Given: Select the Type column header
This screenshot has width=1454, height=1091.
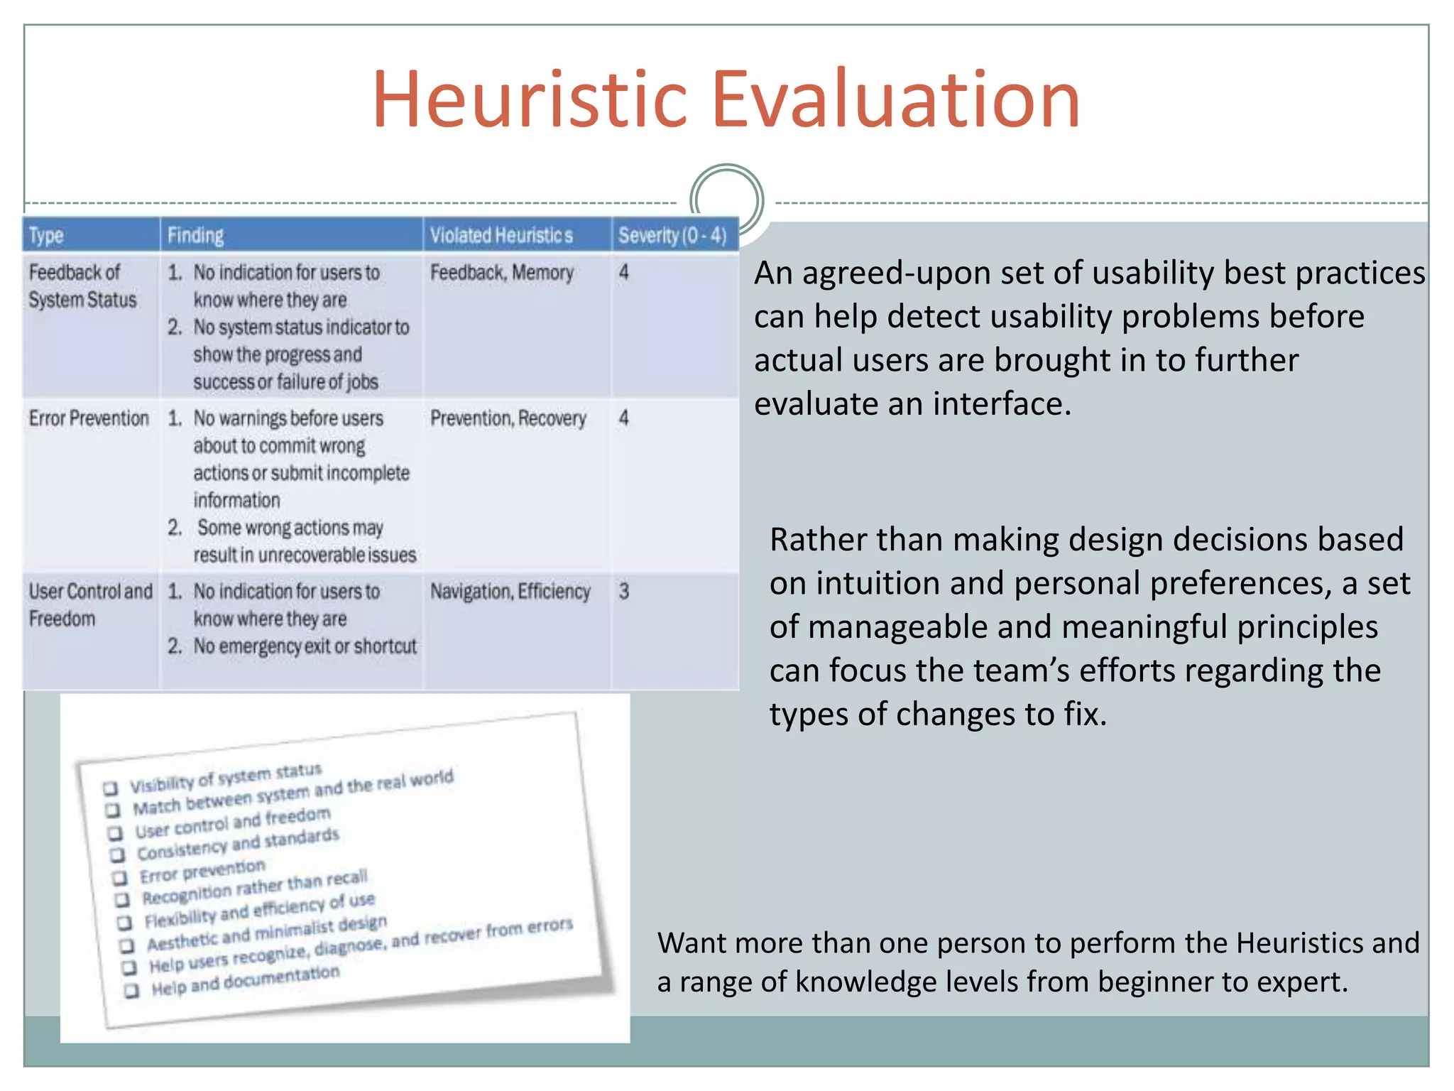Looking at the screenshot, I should point(47,236).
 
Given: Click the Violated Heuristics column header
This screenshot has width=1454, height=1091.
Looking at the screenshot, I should point(501,236).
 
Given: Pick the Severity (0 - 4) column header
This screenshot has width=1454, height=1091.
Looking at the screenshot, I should point(672,236).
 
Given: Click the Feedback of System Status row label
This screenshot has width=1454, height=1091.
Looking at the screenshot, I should point(82,286).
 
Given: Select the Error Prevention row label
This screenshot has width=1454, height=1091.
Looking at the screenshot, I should point(89,418).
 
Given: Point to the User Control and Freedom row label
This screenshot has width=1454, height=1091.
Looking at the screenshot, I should point(89,604).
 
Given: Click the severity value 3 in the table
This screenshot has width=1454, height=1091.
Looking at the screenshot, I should point(623,592).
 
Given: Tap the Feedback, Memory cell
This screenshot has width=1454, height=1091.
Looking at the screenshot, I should point(501,273).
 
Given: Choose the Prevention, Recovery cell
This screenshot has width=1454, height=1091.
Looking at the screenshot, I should point(508,418).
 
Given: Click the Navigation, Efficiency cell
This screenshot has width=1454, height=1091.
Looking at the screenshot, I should point(510,592).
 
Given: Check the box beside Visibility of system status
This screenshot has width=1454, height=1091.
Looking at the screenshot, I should point(110,788).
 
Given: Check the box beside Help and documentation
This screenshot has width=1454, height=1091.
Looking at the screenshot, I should point(131,991).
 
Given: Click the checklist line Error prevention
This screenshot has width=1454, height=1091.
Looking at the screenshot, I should point(202,871).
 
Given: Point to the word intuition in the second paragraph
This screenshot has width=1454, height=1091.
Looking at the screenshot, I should point(877,584).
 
